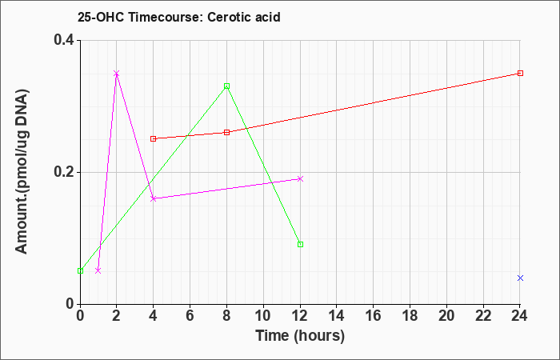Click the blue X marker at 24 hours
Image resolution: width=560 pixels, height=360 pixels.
(520, 278)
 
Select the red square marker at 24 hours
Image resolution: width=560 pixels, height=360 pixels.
(520, 74)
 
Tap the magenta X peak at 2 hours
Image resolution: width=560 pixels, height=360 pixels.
(116, 74)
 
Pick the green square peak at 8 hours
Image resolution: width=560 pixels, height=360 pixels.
(226, 86)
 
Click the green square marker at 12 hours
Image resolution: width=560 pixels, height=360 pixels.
(300, 244)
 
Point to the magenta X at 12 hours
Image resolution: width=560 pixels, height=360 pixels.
(300, 178)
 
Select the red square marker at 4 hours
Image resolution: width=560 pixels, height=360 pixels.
(154, 138)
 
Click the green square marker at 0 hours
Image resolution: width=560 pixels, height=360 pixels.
(80, 270)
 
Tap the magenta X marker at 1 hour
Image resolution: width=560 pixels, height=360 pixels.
(98, 270)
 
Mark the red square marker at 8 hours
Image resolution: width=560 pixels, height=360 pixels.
(226, 133)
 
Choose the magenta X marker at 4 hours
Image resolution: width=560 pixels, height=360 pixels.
(154, 198)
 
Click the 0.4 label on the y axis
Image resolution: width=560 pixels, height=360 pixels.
(64, 40)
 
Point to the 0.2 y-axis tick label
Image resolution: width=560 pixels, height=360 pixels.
(64, 172)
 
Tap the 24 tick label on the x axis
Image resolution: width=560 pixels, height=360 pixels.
(520, 316)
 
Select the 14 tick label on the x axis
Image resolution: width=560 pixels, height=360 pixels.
(337, 316)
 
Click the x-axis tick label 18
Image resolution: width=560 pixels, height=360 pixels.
(410, 316)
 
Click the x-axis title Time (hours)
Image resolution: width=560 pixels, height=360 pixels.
(300, 336)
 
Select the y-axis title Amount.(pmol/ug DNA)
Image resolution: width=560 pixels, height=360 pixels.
(22, 171)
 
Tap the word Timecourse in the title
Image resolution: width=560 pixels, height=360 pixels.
(166, 17)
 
